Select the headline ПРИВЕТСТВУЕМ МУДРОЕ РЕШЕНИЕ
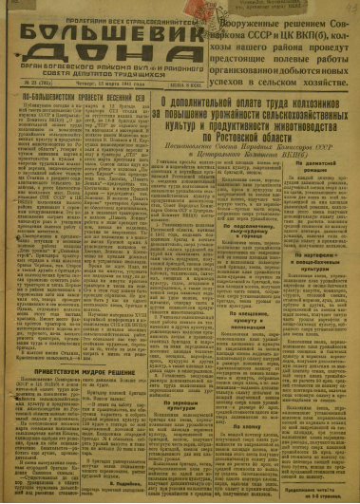click(73, 345)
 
